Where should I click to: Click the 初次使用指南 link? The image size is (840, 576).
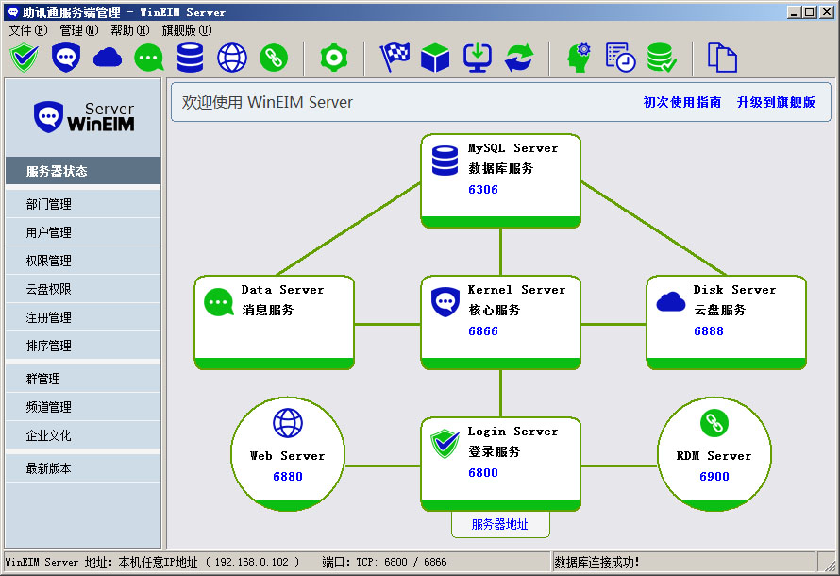coord(682,102)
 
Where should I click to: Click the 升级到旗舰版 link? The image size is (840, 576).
coord(776,102)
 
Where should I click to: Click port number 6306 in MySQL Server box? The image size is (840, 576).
coord(483,190)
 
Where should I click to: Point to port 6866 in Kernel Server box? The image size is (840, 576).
coord(483,331)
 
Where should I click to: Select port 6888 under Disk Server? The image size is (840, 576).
coord(709,331)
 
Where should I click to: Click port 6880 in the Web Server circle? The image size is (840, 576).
coord(288,476)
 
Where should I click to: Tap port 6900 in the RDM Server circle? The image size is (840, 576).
coord(714,476)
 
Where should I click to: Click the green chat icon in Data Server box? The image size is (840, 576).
coord(219,302)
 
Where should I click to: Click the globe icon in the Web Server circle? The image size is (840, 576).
coord(288,423)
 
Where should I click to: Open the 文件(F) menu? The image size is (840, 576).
coord(28,30)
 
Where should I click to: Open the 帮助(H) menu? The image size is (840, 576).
coord(129,30)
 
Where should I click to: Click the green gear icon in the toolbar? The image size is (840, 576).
coord(334,58)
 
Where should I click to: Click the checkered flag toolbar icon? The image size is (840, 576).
coord(395,58)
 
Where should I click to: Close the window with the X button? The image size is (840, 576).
coord(827,11)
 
